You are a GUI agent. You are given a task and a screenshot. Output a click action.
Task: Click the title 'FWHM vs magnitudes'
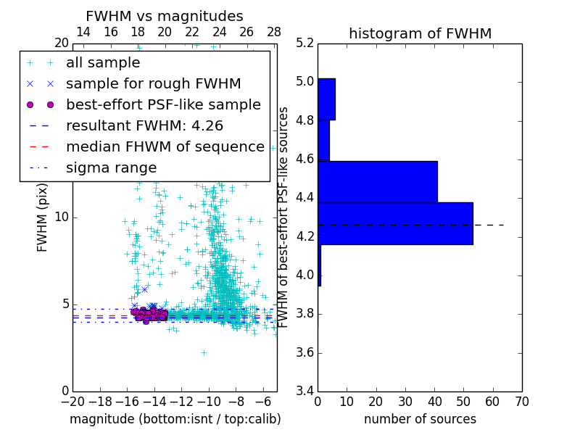tap(164, 17)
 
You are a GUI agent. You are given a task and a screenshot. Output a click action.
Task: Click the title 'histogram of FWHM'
tap(420, 34)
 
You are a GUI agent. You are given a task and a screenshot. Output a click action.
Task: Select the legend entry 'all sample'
tap(103, 63)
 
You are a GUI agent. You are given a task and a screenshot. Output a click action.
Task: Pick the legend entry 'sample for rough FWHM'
tap(153, 83)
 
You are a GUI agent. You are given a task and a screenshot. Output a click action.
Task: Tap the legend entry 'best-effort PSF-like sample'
tap(163, 104)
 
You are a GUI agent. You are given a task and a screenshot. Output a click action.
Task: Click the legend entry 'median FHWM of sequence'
tap(165, 146)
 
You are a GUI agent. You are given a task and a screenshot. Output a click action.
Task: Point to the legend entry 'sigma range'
tap(111, 167)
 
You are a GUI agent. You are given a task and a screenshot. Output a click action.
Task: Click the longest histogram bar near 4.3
tap(395, 223)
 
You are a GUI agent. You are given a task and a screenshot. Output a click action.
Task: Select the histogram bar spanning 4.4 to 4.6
tap(377, 181)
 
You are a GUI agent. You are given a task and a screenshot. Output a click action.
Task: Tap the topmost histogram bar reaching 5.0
tap(326, 99)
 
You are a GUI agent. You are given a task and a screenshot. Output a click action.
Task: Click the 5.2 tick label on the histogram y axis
tap(305, 43)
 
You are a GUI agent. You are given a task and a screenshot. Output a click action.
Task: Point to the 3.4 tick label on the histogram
tap(305, 391)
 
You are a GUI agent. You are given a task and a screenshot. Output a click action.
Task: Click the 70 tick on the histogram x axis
tap(521, 401)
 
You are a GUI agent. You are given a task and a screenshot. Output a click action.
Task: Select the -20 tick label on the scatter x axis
tap(72, 401)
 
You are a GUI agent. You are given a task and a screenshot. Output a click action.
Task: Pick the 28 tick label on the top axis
tap(274, 32)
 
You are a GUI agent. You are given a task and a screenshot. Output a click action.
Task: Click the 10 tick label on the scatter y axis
tap(61, 217)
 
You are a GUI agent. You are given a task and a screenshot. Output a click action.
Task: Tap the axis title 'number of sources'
tap(420, 419)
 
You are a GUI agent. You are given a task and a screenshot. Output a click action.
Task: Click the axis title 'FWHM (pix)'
tap(43, 218)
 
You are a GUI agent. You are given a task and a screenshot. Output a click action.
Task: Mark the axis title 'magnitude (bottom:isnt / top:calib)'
tap(175, 419)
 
